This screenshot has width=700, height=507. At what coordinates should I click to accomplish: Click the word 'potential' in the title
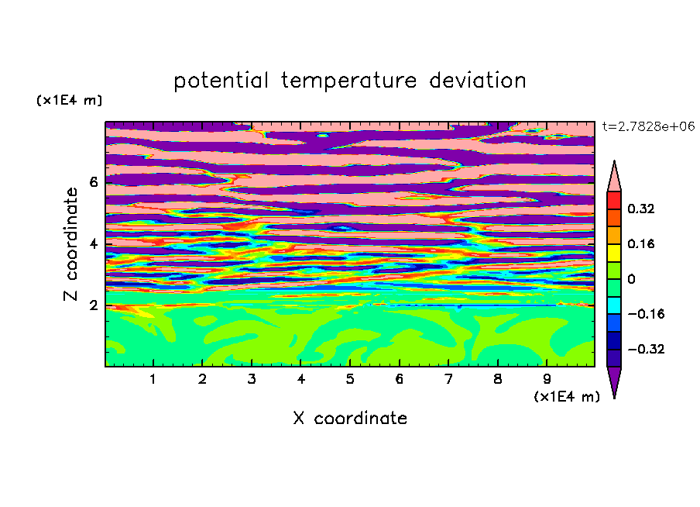[x=221, y=81]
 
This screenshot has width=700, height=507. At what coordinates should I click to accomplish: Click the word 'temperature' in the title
[x=348, y=81]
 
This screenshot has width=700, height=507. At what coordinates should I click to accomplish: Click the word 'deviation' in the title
[x=477, y=81]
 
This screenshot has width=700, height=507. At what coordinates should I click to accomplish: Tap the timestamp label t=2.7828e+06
[x=648, y=127]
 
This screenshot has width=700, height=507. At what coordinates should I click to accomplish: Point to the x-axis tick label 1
[x=153, y=379]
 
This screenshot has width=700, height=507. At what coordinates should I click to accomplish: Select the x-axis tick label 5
[x=350, y=379]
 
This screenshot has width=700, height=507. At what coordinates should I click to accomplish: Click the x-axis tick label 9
[x=547, y=379]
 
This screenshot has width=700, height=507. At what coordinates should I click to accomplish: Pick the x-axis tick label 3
[x=252, y=379]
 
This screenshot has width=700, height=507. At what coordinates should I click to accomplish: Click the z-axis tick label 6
[x=93, y=182]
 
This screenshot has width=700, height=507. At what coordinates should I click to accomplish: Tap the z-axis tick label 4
[x=93, y=243]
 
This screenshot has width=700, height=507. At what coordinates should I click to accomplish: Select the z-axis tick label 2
[x=93, y=305]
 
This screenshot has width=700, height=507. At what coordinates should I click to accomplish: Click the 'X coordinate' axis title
[x=350, y=418]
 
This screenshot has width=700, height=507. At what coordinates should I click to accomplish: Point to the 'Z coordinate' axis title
[x=70, y=244]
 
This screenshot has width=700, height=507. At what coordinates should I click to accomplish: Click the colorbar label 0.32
[x=640, y=209]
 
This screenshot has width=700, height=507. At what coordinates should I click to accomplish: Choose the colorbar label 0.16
[x=640, y=243]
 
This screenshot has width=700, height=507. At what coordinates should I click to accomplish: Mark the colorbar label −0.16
[x=646, y=314]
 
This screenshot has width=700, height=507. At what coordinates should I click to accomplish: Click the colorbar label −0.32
[x=646, y=349]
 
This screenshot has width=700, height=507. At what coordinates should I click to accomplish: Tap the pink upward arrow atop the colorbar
[x=614, y=177]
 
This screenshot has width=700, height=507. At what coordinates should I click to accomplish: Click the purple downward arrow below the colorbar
[x=614, y=381]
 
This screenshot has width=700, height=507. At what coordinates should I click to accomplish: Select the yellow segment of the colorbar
[x=614, y=253]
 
